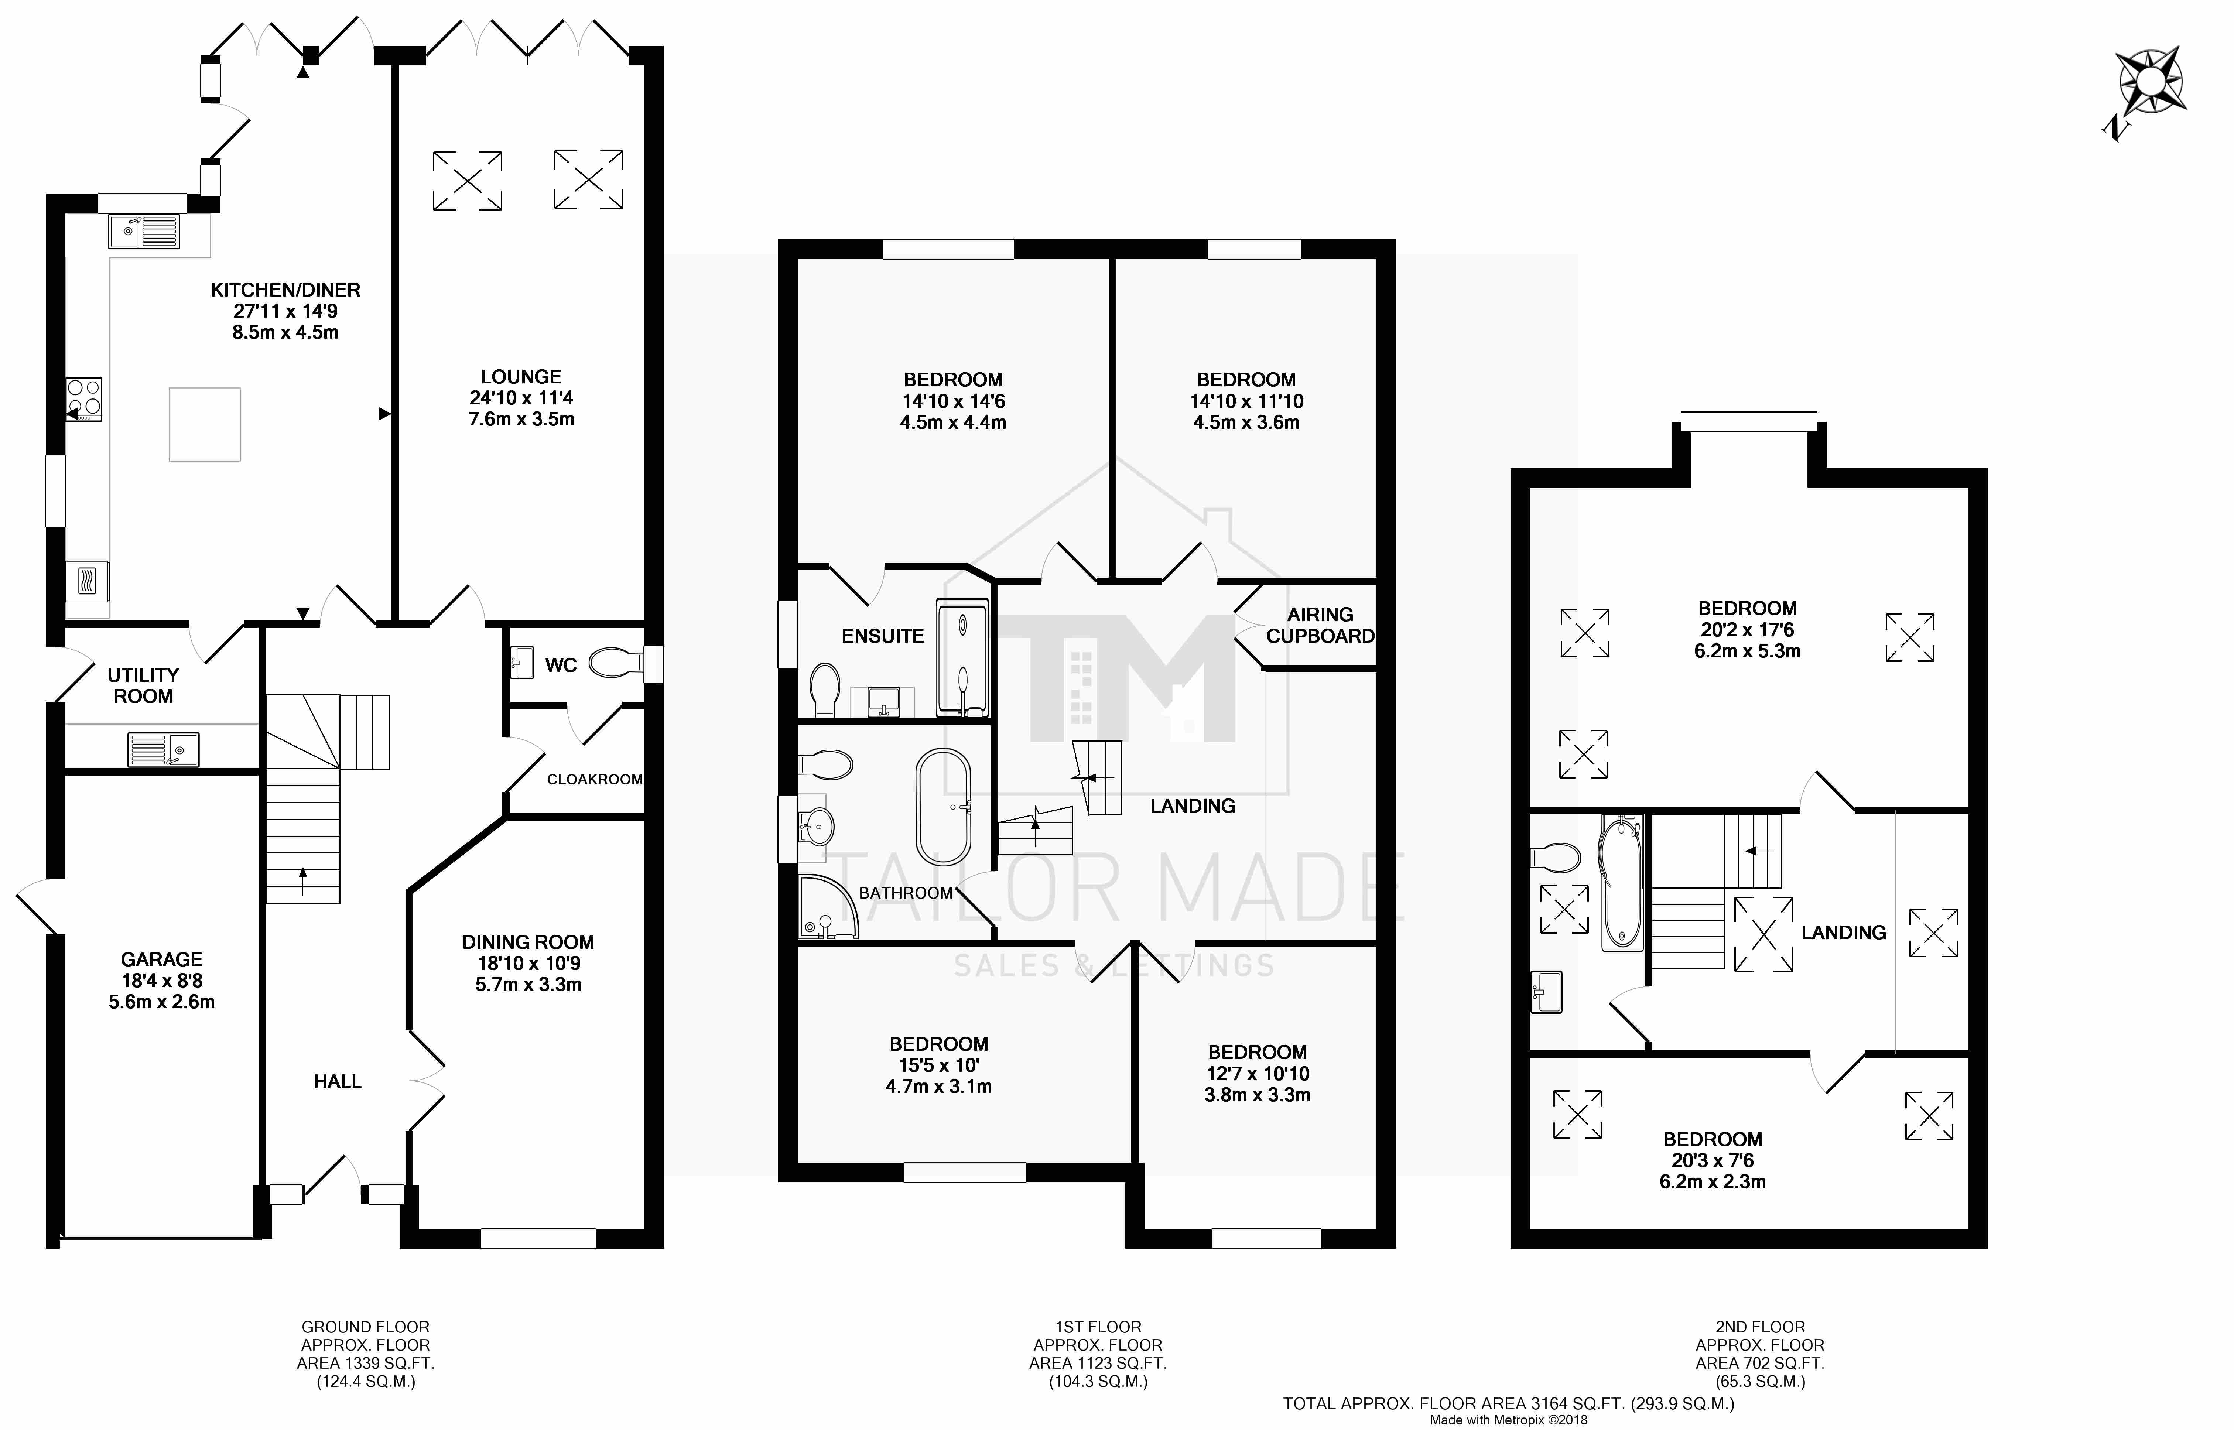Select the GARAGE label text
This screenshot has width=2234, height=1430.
tap(161, 959)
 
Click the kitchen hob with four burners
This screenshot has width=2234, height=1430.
tap(83, 399)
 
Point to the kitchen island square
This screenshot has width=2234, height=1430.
tap(204, 424)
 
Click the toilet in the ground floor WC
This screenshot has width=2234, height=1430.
tap(616, 663)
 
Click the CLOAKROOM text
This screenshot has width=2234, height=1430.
tap(594, 779)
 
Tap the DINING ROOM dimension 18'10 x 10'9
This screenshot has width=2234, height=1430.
tap(528, 963)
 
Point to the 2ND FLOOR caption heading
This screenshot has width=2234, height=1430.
tap(1759, 1327)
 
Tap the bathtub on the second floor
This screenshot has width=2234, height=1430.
tap(1621, 883)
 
